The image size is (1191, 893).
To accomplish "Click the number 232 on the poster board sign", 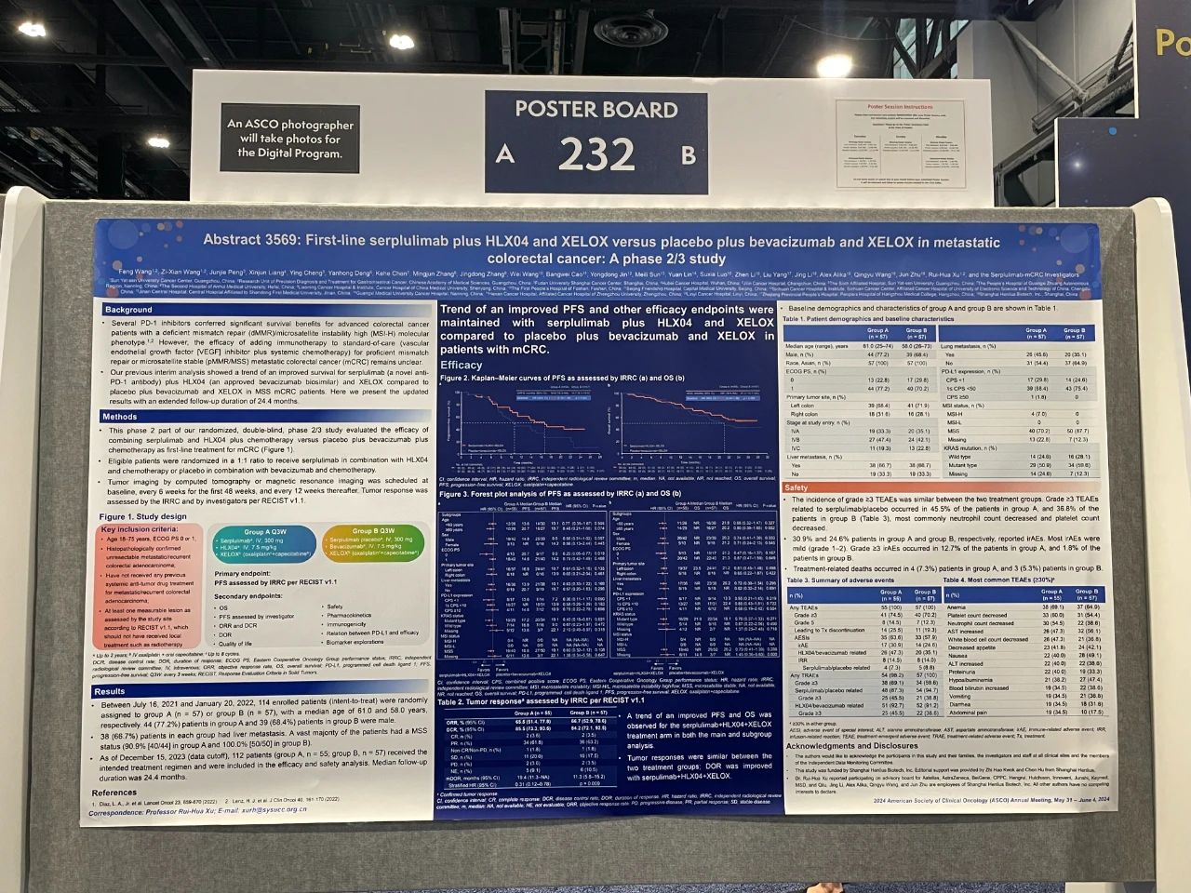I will click(596, 154).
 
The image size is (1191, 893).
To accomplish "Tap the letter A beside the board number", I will click(504, 154).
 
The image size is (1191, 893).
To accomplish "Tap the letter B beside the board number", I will click(689, 154).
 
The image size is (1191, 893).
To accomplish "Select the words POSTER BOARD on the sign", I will click(596, 109).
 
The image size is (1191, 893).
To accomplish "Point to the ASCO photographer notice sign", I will click(289, 139).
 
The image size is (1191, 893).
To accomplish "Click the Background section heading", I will click(128, 310).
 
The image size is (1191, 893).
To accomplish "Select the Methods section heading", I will click(120, 417).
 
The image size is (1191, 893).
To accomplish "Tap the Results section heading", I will click(110, 691).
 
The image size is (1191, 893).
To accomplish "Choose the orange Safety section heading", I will click(796, 487).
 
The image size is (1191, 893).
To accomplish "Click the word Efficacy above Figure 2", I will click(462, 366).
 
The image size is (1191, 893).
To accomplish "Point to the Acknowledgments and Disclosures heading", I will click(851, 746).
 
